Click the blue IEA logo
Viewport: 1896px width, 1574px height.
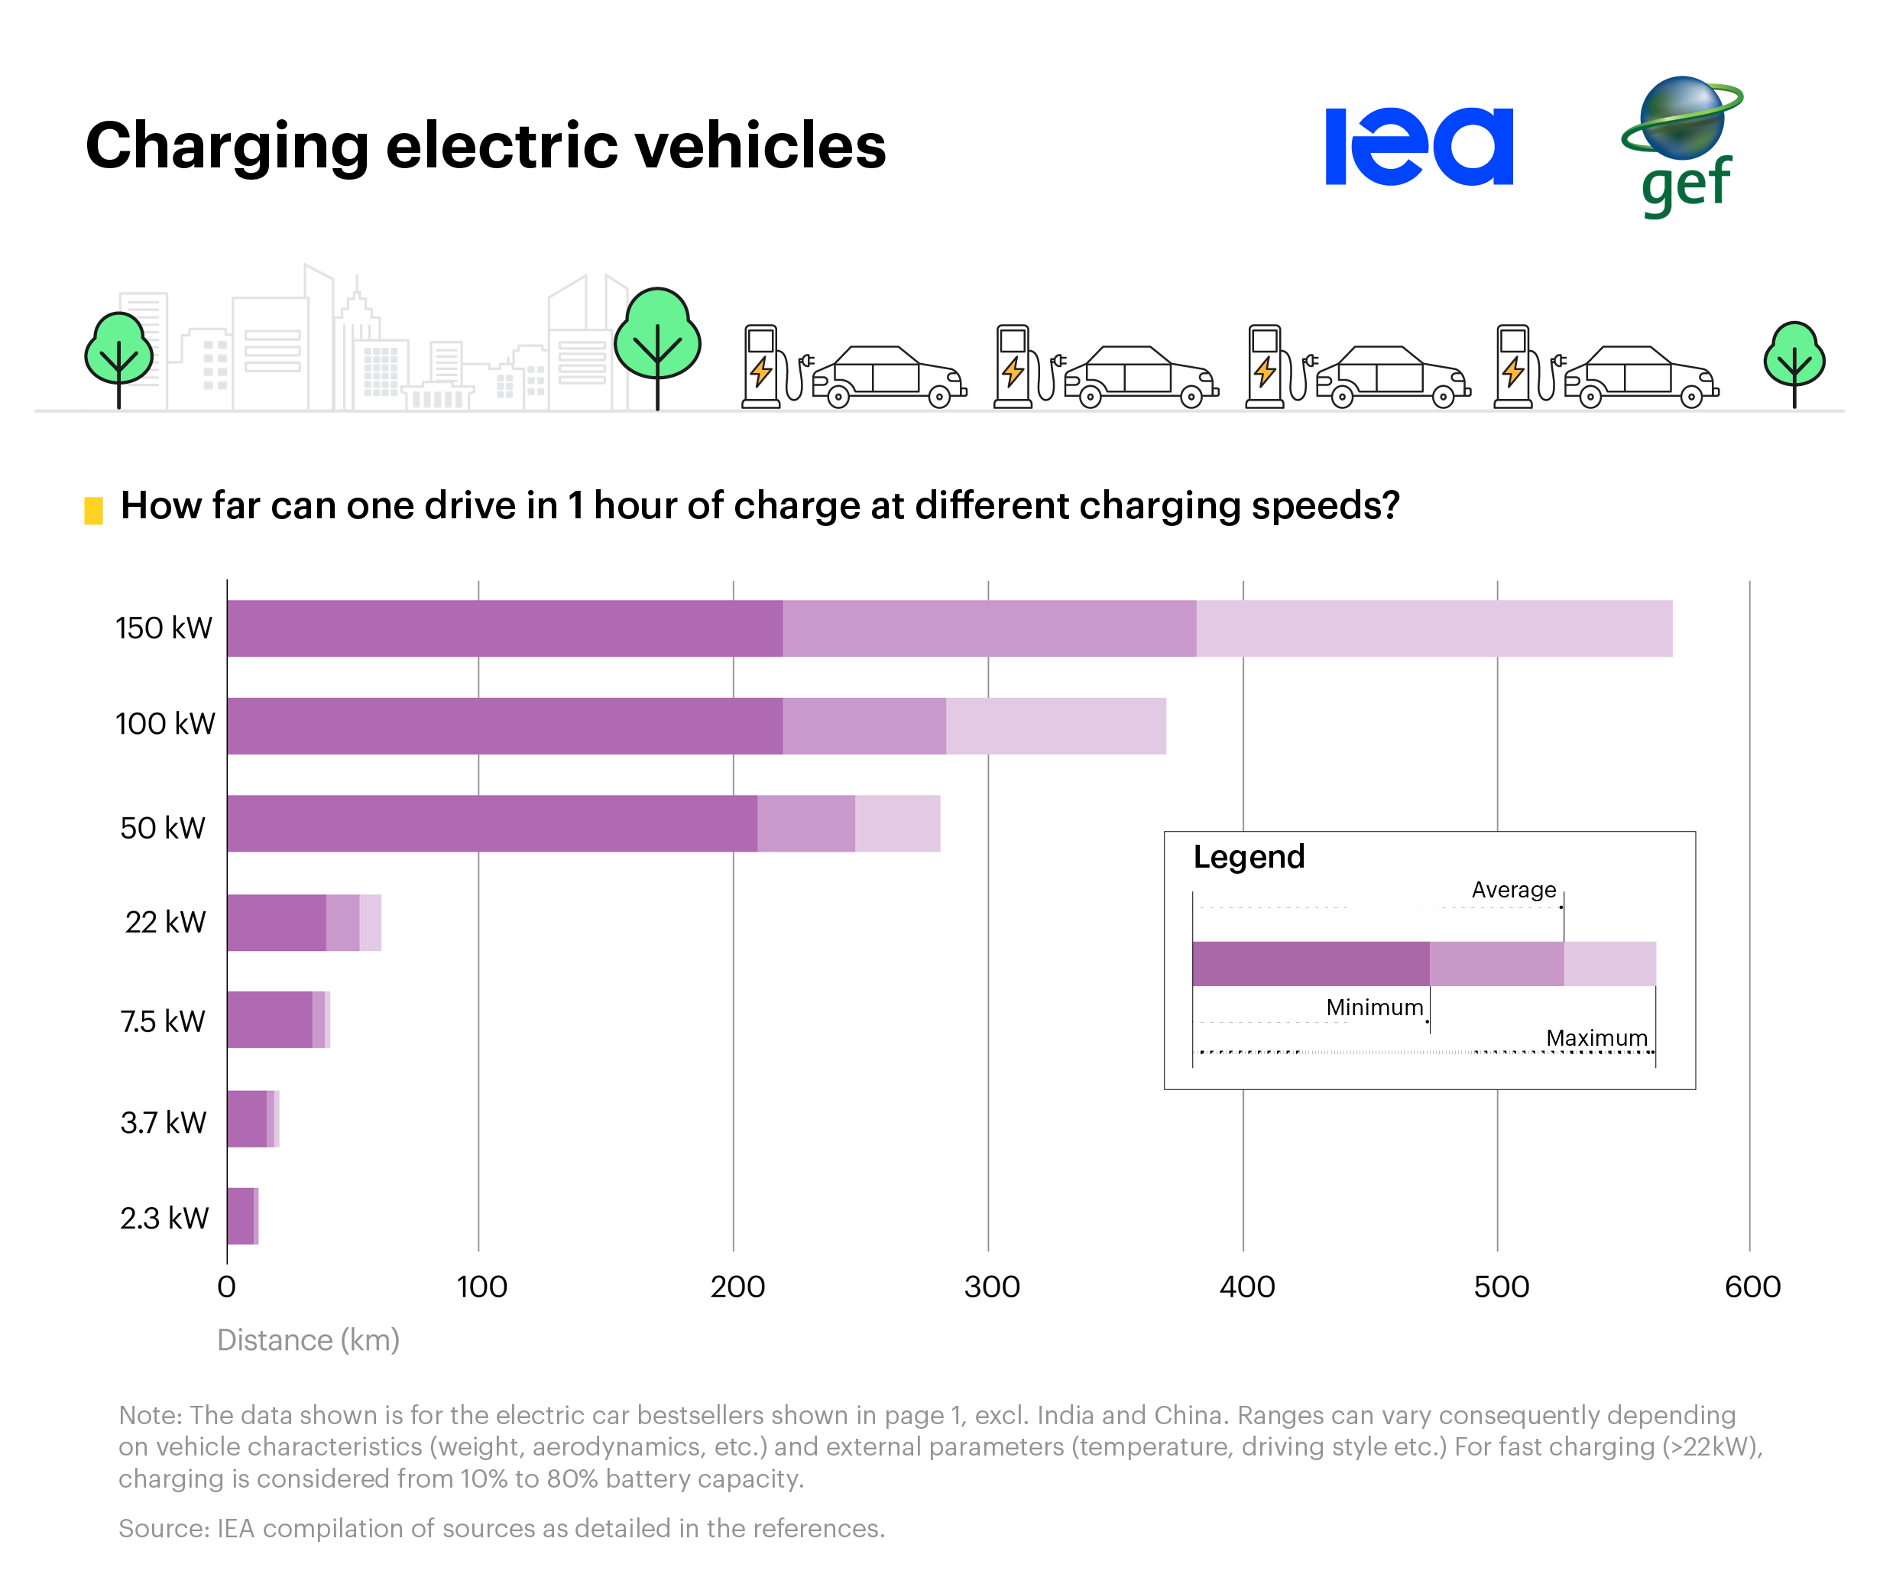pyautogui.click(x=1418, y=146)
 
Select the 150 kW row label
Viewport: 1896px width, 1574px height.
pyautogui.click(x=164, y=628)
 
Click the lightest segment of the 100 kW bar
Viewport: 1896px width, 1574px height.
pyautogui.click(x=1055, y=725)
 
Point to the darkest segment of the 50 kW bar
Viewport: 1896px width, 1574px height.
pyautogui.click(x=492, y=823)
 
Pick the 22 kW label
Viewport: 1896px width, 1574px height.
pyautogui.click(x=165, y=922)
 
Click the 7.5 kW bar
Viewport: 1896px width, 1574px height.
pyautogui.click(x=271, y=1020)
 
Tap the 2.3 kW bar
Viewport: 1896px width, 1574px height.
pyautogui.click(x=241, y=1215)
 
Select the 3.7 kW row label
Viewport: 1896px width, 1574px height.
pyautogui.click(x=164, y=1121)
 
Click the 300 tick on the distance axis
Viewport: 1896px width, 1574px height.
pyautogui.click(x=991, y=1286)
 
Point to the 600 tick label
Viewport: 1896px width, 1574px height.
pyautogui.click(x=1752, y=1286)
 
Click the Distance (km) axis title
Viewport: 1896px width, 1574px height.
pyautogui.click(x=308, y=1339)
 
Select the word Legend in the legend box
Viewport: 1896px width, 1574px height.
pyautogui.click(x=1249, y=856)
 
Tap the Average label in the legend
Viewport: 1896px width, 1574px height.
pyautogui.click(x=1513, y=890)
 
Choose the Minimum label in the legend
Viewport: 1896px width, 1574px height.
pyautogui.click(x=1374, y=1007)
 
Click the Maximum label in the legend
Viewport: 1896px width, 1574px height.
pyautogui.click(x=1596, y=1037)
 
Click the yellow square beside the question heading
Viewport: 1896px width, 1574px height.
pyautogui.click(x=93, y=509)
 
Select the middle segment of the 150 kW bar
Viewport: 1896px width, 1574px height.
pyautogui.click(x=989, y=628)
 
